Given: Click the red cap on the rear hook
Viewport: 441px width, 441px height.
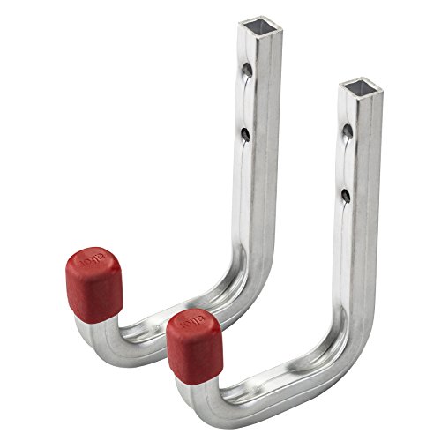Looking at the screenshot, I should tap(93, 284).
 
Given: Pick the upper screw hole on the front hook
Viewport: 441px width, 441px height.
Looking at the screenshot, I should tap(347, 131).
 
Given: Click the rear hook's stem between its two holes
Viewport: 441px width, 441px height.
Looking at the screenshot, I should tap(248, 101).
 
